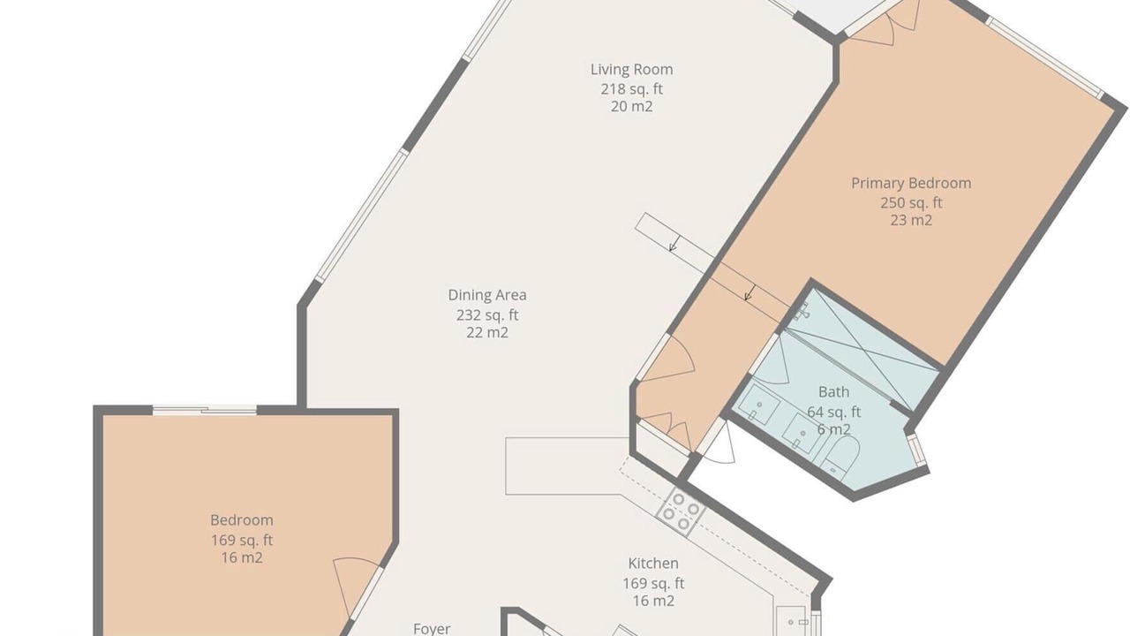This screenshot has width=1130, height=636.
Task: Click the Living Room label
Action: point(631,70)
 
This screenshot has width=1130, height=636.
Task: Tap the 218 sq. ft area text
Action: point(631,89)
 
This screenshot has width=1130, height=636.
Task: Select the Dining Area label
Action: point(487,295)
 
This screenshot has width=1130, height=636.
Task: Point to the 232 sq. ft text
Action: point(487,315)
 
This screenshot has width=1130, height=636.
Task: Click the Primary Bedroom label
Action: point(911,183)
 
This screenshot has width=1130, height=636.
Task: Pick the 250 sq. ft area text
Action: point(911,203)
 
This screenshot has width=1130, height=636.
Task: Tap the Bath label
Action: point(834,392)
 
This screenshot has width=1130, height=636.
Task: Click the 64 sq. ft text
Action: point(834,413)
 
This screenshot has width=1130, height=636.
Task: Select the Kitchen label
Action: point(653,564)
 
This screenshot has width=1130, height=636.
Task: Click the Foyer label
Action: point(432,629)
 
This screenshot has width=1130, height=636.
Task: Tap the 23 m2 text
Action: point(911,221)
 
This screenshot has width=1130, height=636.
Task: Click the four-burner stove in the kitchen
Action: point(681,511)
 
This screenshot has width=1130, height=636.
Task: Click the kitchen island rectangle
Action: point(568,466)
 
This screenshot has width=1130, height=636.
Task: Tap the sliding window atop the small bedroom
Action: point(205,411)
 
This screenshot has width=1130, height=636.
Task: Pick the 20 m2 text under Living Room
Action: point(631,107)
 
